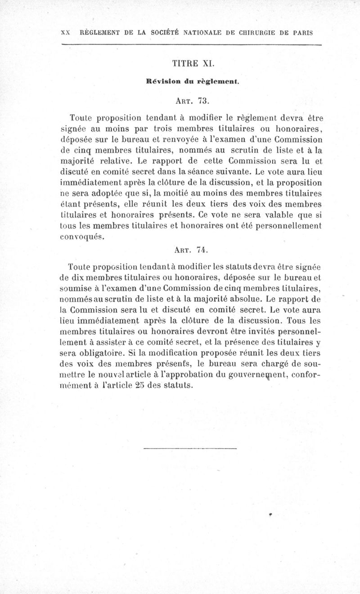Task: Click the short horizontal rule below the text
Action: pyautogui.click(x=191, y=448)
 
